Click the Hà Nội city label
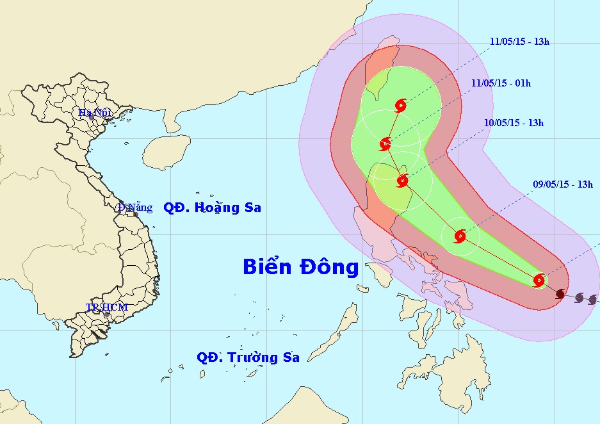95,112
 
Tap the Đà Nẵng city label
135,207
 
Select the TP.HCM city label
107,307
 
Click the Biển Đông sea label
300,267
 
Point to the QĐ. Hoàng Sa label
212,208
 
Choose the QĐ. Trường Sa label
248,357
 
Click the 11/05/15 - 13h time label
519,42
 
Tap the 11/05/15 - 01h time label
501,83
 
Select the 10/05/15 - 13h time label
514,123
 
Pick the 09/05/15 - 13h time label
562,184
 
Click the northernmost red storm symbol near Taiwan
401,105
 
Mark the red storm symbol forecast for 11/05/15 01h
385,143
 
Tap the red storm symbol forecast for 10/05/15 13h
402,181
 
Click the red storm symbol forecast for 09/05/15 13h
460,236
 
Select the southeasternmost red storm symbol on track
539,280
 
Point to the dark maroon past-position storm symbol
561,293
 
